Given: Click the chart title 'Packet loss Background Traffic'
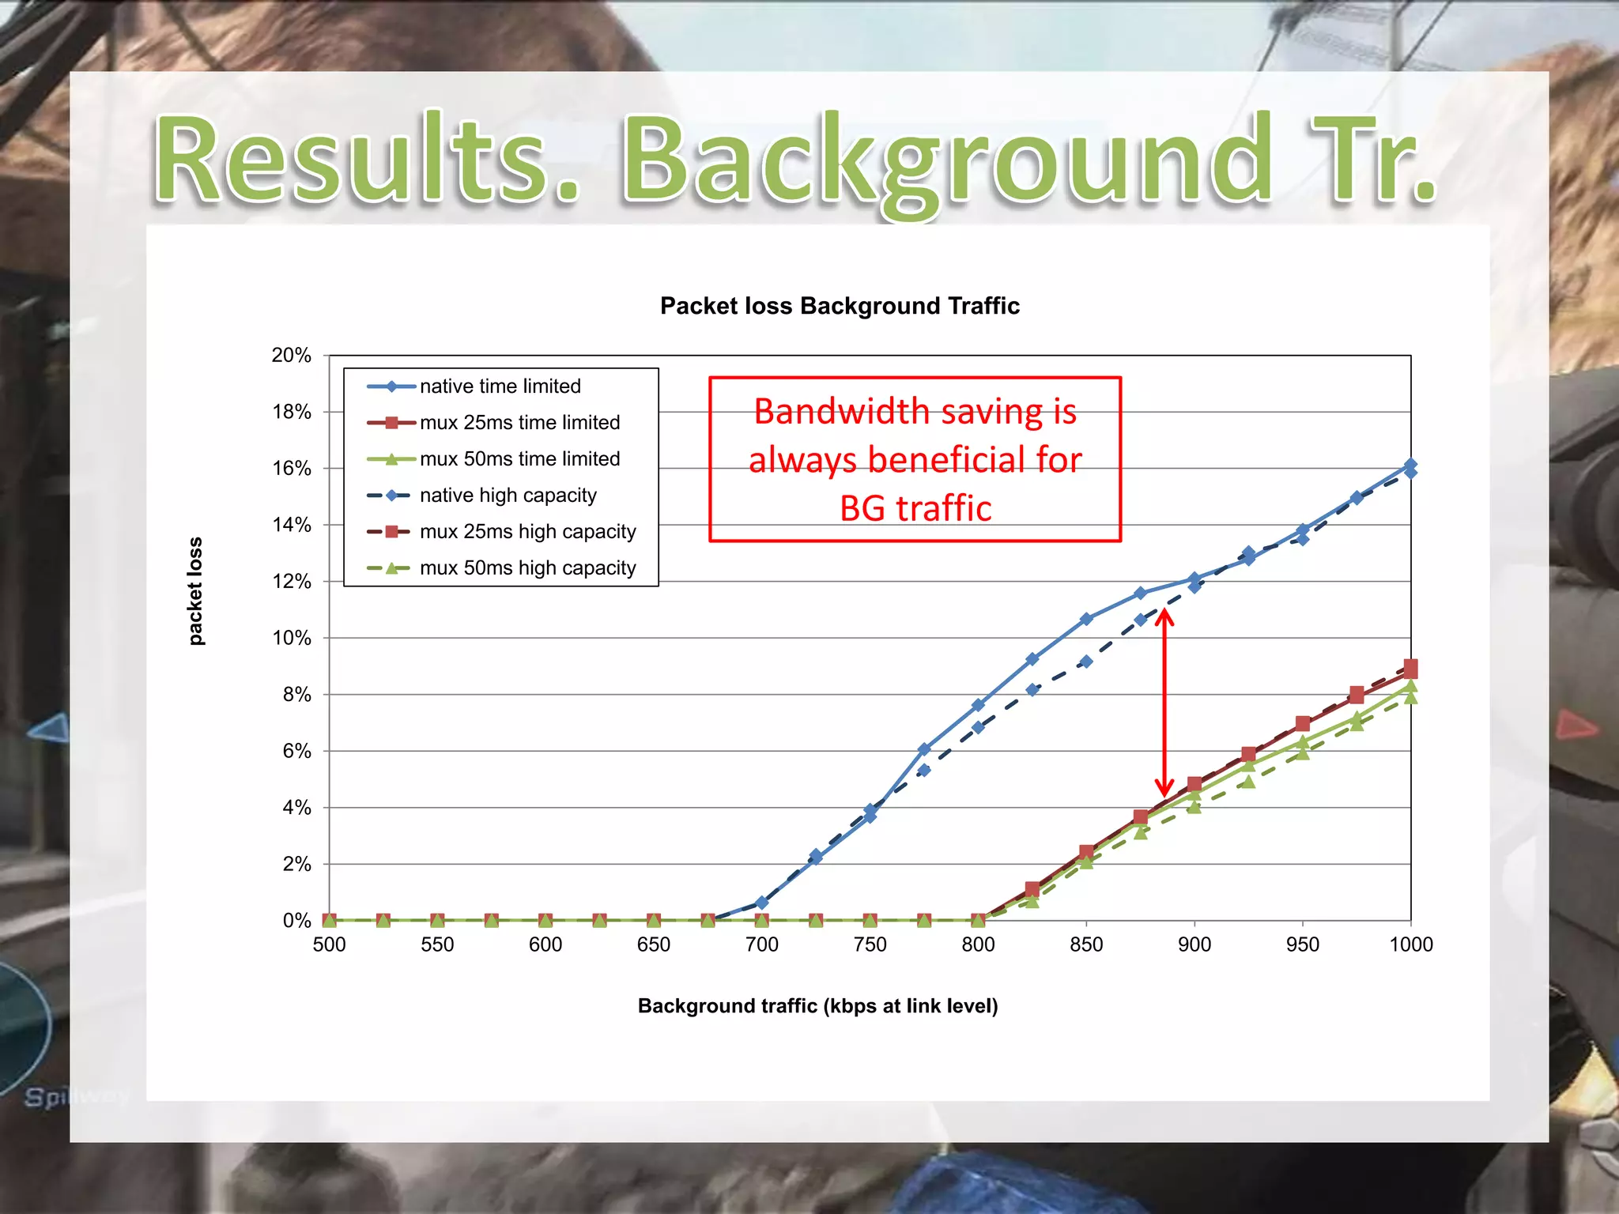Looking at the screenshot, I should [x=840, y=306].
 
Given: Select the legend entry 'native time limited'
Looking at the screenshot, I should [x=500, y=386].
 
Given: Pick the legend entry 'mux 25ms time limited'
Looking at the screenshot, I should [x=519, y=423].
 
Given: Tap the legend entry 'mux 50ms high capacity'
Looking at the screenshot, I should [x=527, y=568].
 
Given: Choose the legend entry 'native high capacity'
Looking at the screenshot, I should [x=508, y=496].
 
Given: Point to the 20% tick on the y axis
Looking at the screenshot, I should [x=292, y=356].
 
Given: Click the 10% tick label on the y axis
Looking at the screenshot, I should [x=292, y=638].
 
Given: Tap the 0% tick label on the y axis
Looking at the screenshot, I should [x=296, y=921].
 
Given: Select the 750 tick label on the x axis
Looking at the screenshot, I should [x=870, y=944].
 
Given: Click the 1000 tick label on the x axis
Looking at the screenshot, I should [x=1410, y=944].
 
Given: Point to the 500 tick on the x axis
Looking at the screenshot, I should [x=329, y=944].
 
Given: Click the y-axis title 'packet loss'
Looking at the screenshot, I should [x=195, y=591].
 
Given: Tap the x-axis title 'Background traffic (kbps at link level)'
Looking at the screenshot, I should [x=817, y=1006].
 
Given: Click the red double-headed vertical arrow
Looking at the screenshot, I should [x=1164, y=703].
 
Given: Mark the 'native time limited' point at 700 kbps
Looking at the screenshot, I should [x=762, y=903].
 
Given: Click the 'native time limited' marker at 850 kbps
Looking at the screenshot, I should [x=1086, y=619].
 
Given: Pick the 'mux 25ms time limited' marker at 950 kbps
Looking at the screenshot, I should [x=1303, y=724].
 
